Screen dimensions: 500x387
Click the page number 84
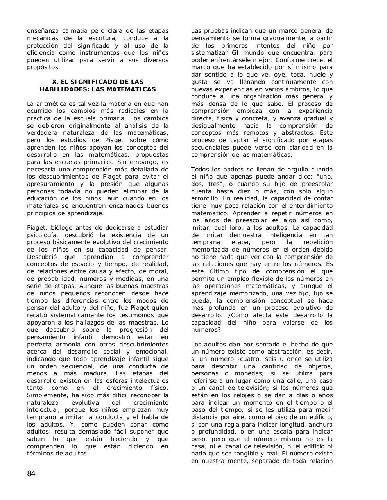tap(31, 474)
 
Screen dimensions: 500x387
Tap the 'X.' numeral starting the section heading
tap(56, 82)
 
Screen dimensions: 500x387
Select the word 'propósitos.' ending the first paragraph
tap(43, 67)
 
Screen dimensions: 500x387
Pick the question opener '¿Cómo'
tap(236, 315)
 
